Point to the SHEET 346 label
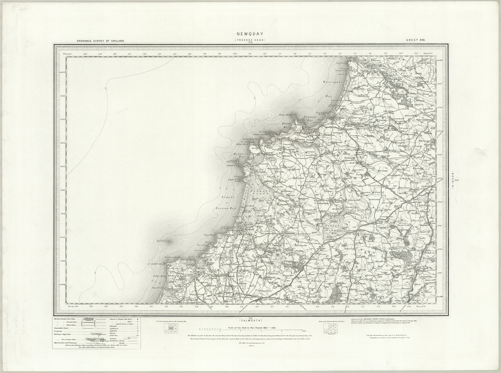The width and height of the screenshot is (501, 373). point(415,40)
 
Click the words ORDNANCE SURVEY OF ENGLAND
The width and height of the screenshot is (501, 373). point(101,41)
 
